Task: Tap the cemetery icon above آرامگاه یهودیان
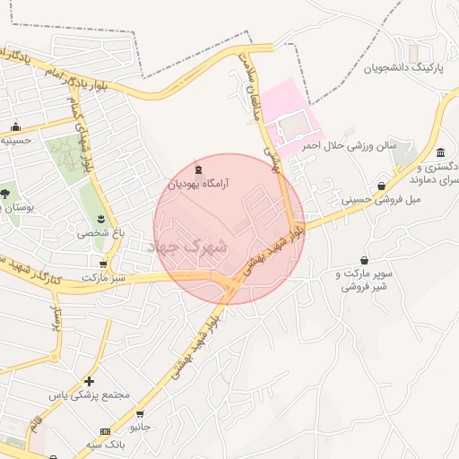tap(199, 169)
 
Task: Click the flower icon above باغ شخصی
tap(101, 218)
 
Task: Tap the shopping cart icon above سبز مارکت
tap(105, 264)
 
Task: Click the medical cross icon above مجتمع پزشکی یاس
tap(89, 381)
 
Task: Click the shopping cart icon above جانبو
tap(140, 413)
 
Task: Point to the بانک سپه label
tap(106, 445)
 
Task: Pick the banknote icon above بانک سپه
tap(106, 431)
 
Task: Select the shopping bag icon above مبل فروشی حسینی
tap(382, 186)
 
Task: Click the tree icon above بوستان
tap(5, 192)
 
